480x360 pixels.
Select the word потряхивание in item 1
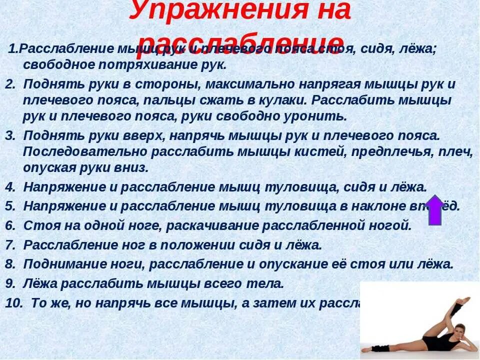[x=139, y=65]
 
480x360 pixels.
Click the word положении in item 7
[x=208, y=245]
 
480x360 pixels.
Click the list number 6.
[x=10, y=225]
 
